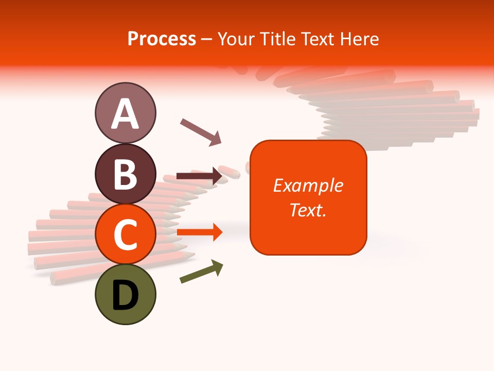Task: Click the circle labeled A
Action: [125, 113]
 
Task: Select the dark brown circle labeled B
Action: [125, 174]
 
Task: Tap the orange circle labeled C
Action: [125, 234]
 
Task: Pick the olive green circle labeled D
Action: [125, 295]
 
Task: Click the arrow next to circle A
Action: [201, 132]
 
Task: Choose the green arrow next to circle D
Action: [201, 272]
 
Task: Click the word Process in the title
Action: [162, 39]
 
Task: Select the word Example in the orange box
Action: [308, 185]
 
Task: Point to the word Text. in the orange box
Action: [308, 210]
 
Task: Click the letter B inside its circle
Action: [125, 174]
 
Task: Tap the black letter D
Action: [125, 296]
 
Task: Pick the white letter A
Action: [125, 114]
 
